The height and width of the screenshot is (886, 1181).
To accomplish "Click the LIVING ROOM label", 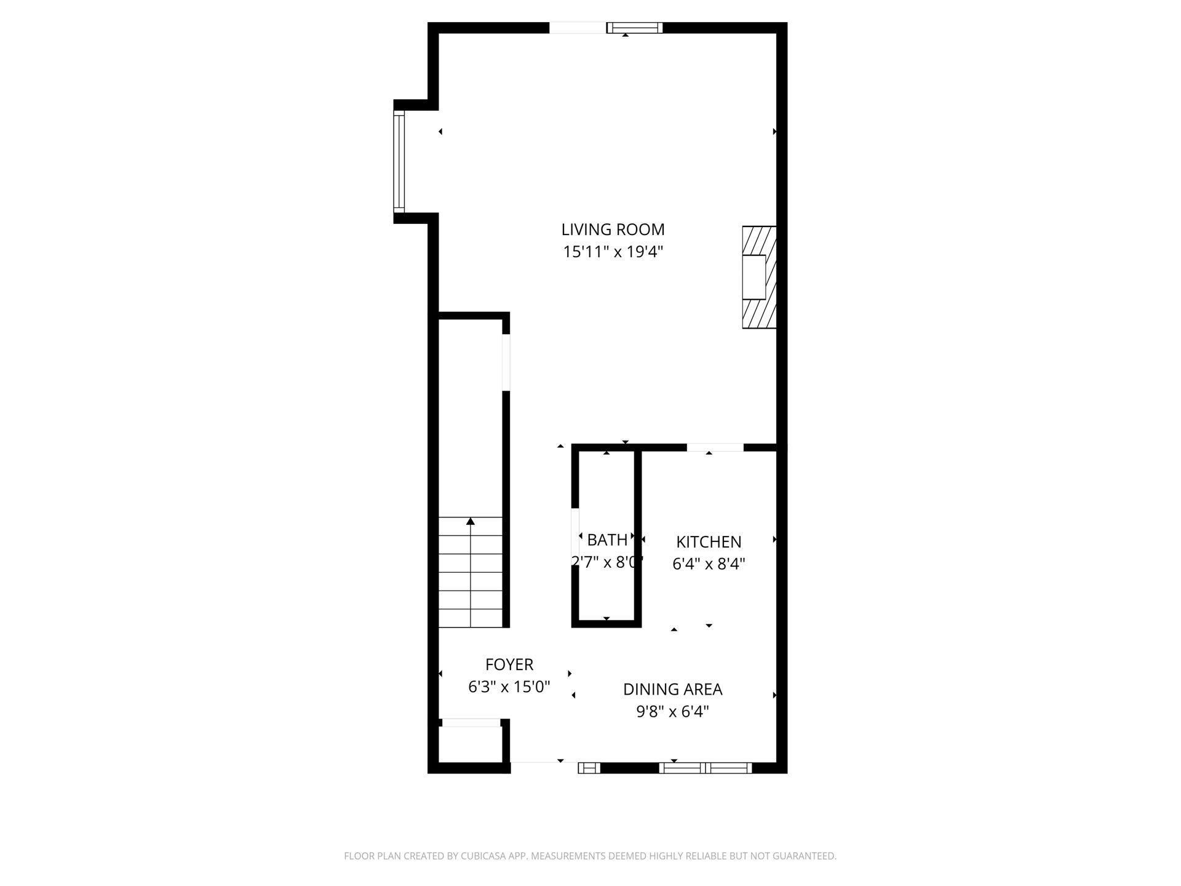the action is pos(613,229).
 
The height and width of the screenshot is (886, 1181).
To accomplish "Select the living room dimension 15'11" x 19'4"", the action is pos(613,252).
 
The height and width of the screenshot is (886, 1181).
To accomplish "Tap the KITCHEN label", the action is pos(709,542).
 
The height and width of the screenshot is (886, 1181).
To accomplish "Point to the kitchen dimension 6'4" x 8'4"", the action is pos(709,564).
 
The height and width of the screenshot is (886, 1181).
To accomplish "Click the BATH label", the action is pos(607,540).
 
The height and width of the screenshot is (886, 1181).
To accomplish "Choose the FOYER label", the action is pos(509,664).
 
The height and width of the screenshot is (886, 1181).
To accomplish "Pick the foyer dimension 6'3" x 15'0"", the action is pos(509,687).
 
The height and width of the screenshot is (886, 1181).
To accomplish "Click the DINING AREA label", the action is pos(673,689).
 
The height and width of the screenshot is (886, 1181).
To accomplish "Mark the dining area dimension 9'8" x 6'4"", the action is pos(673,712).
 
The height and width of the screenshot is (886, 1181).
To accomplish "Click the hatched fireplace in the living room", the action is pos(759,277).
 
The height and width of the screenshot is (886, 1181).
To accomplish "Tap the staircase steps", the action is pos(471,572).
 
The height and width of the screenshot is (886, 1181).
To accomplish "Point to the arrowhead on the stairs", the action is pos(471,521).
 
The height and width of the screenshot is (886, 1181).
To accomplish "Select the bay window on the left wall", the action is pos(399,162).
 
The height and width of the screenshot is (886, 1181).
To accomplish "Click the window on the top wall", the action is pos(635,28).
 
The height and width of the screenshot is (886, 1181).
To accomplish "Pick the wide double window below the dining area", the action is pos(706,768).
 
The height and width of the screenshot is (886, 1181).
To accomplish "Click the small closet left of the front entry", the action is pos(471,744).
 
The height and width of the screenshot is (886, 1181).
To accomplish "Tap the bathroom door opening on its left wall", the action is pos(575,537).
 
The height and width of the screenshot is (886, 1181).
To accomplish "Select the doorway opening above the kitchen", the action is pos(715,447).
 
